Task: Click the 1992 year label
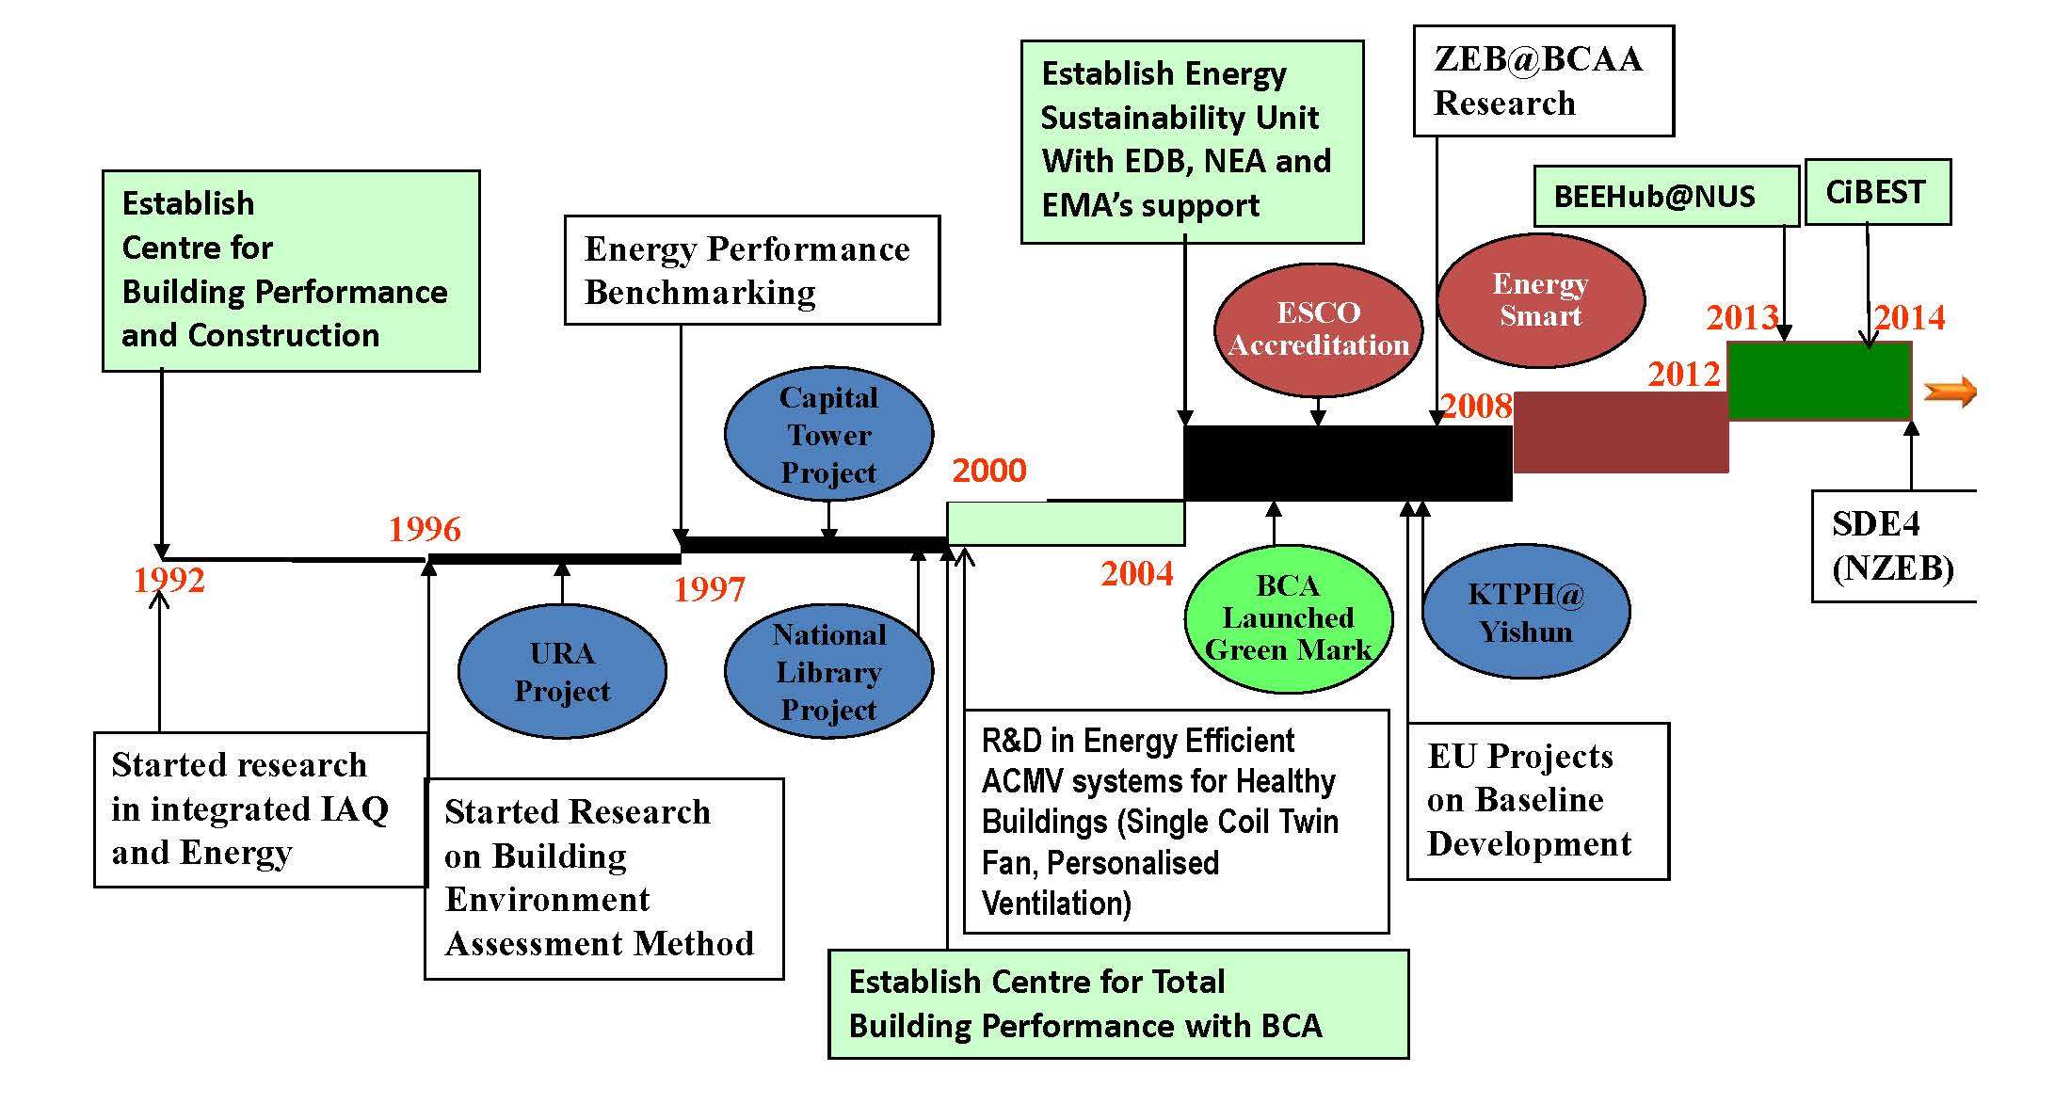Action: [x=169, y=580]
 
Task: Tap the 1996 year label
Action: [x=425, y=530]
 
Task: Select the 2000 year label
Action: [x=988, y=471]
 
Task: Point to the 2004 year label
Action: [x=1137, y=573]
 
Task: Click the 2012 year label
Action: [x=1683, y=375]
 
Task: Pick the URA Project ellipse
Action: [x=562, y=672]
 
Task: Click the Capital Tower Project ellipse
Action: [x=828, y=435]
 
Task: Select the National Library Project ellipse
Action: [x=828, y=672]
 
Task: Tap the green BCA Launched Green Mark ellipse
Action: [x=1288, y=618]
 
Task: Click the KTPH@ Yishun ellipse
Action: [x=1525, y=613]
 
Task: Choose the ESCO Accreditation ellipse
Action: [x=1318, y=328]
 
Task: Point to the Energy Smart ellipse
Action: [x=1540, y=299]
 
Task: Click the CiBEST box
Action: [x=1877, y=193]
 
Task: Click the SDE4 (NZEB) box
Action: [x=1893, y=546]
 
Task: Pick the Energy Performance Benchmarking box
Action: [x=751, y=271]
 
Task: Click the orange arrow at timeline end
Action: [x=1950, y=392]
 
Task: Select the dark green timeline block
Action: [x=1819, y=381]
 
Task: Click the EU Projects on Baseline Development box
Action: [x=1537, y=801]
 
